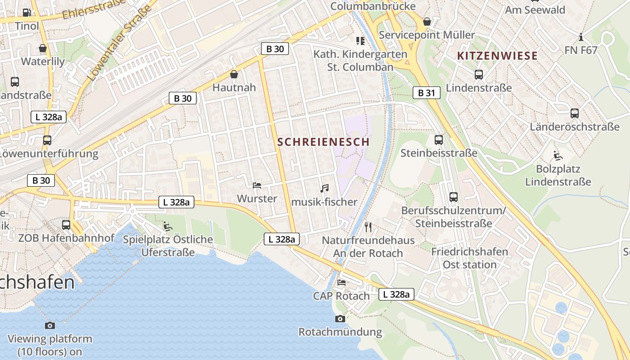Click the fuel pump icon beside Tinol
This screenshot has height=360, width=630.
(27, 13)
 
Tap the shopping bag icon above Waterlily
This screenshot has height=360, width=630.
(43, 48)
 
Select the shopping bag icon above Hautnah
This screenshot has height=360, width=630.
(234, 74)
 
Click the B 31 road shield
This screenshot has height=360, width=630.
(426, 93)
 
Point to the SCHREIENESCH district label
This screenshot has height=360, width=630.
(323, 142)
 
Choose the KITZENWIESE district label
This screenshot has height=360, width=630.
(497, 56)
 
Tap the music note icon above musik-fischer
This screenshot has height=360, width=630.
(324, 189)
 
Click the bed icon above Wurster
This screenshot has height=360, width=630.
(257, 185)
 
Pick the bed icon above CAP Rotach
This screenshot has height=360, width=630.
(342, 283)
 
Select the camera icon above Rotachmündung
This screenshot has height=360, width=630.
(340, 319)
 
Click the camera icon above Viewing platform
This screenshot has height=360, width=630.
(50, 325)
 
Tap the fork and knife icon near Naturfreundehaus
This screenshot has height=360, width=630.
(368, 226)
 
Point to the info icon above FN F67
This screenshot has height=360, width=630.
(581, 37)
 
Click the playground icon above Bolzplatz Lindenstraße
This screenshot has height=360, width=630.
(558, 156)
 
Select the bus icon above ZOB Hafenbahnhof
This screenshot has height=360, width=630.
(66, 225)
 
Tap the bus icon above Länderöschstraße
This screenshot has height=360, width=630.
(574, 113)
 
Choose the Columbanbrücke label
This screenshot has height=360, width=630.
(373, 6)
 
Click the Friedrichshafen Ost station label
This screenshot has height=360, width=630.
(469, 258)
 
